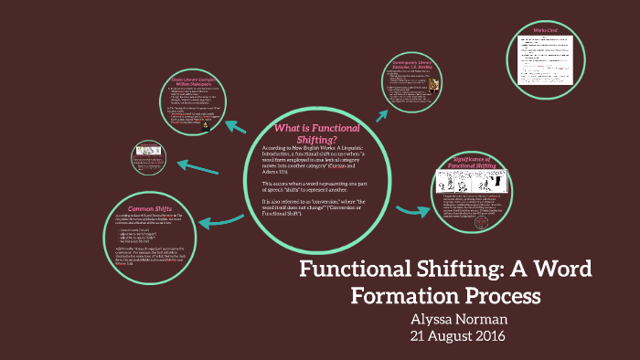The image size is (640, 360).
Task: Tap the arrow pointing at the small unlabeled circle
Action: (x=196, y=165)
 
